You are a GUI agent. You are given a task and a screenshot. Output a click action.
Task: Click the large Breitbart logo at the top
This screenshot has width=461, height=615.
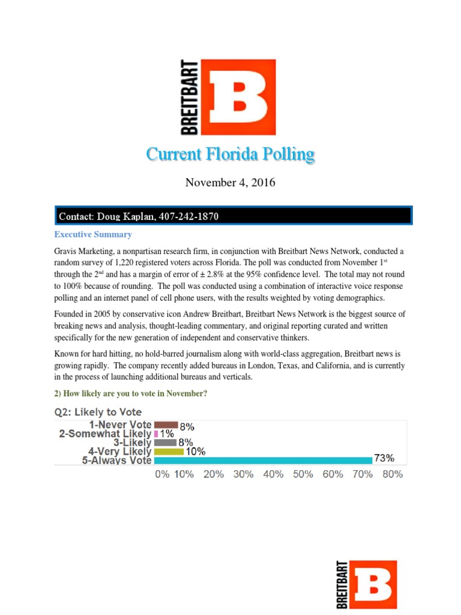pos(228,97)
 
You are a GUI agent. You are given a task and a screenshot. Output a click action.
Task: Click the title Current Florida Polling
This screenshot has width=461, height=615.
pos(230,155)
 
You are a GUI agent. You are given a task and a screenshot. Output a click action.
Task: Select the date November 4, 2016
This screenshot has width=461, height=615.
pos(230,183)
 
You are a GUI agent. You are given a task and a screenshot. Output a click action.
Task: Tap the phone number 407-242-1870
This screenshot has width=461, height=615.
pos(193,216)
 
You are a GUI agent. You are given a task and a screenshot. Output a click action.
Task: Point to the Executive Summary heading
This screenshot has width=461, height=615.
pos(94,234)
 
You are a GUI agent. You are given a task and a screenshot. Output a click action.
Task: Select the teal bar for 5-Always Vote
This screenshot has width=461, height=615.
pos(263,460)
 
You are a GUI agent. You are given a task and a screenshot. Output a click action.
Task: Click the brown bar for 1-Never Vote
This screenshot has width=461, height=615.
pos(166,425)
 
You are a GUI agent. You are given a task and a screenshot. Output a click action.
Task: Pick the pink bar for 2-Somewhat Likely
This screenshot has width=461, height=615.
pos(156,434)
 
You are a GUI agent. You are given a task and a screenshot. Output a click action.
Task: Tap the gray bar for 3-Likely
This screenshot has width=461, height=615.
pos(166,443)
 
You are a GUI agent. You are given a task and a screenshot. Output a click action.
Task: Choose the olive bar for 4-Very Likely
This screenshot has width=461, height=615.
pos(169,452)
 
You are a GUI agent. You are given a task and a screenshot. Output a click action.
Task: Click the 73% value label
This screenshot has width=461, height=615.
pos(384,458)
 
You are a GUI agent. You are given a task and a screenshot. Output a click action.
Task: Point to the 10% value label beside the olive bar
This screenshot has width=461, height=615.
pos(196,452)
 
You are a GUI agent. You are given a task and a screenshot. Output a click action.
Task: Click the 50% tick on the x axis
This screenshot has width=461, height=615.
pos(303,474)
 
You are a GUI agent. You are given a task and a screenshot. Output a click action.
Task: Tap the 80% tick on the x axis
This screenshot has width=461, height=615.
pos(392,474)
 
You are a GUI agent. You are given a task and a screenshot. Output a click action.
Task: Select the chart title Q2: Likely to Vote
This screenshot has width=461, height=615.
pos(101,412)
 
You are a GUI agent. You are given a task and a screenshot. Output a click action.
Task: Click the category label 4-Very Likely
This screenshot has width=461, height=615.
pos(120,452)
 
